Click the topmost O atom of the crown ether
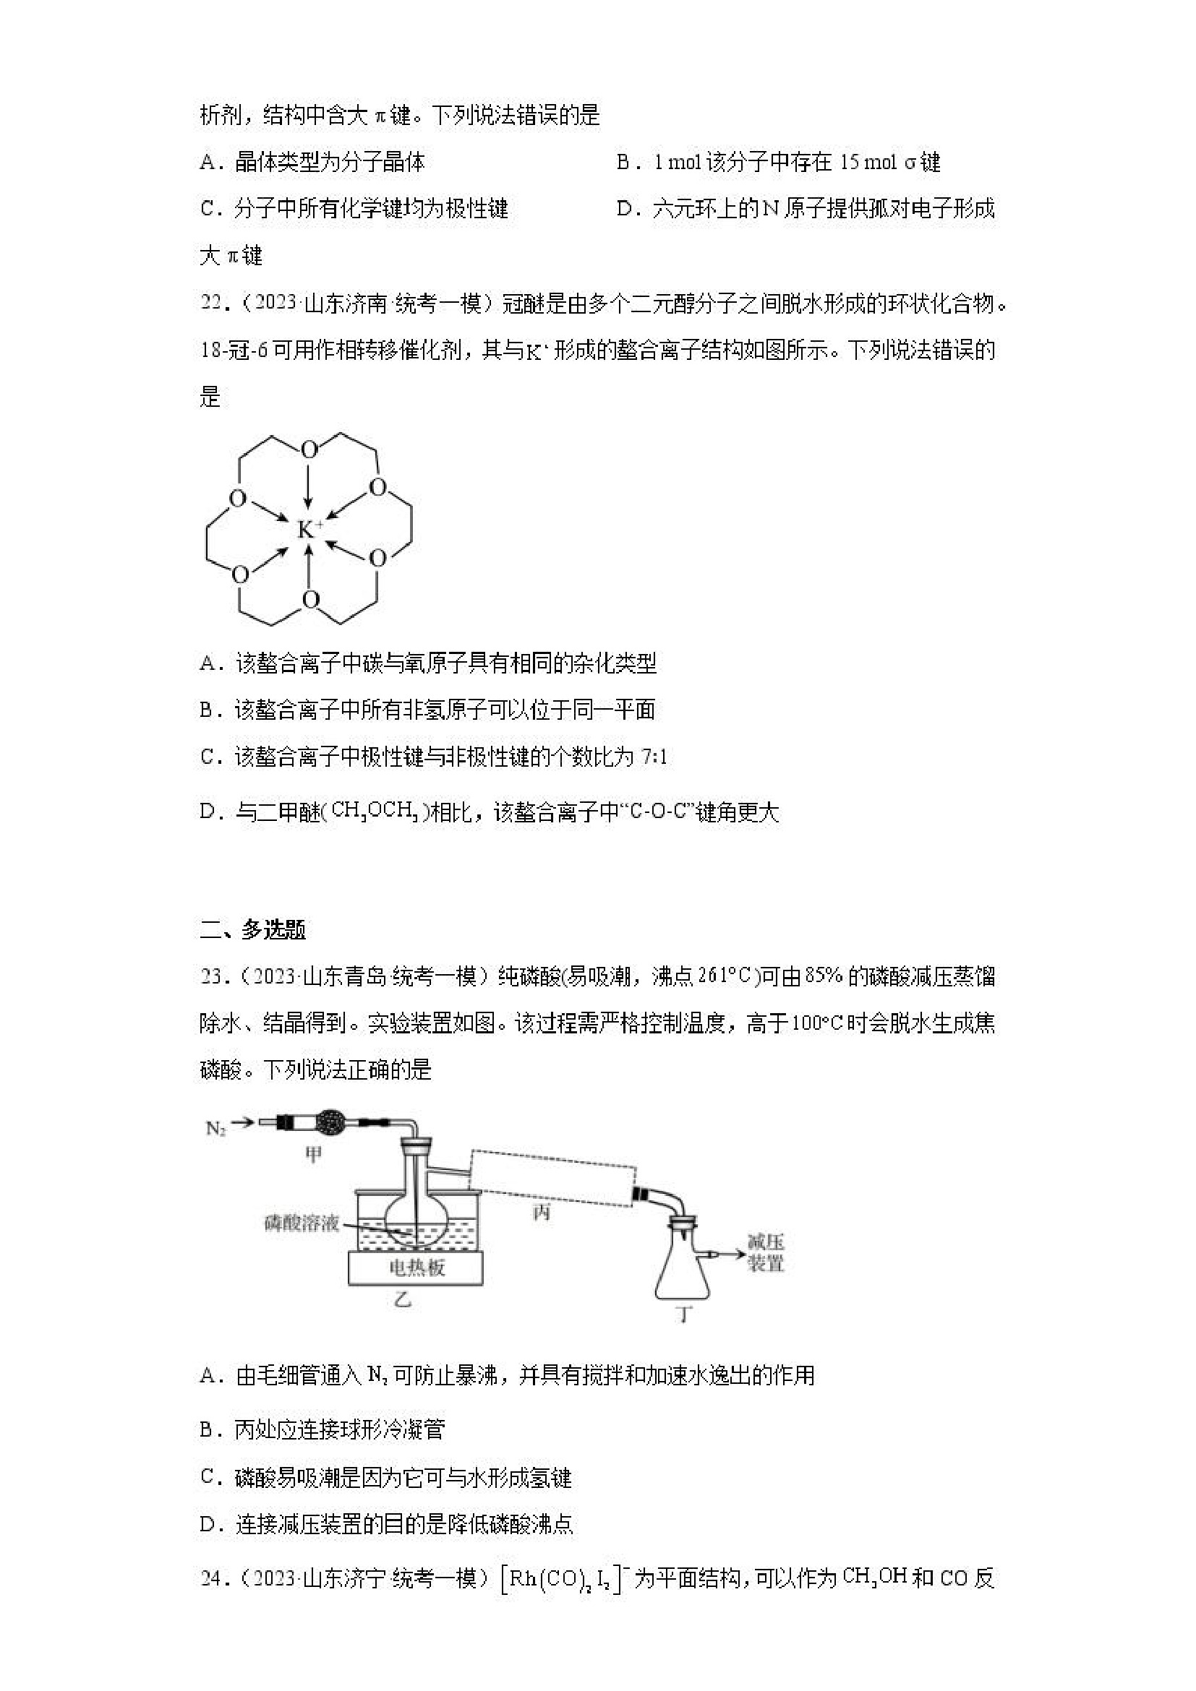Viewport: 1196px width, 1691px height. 309,449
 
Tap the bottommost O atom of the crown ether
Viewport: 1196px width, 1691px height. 311,599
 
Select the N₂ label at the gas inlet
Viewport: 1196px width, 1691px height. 215,1127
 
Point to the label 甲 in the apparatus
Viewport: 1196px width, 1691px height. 313,1154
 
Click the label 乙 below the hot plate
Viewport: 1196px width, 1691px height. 402,1300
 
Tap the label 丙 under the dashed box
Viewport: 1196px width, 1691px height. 541,1212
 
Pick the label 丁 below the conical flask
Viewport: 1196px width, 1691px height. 684,1312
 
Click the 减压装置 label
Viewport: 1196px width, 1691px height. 766,1253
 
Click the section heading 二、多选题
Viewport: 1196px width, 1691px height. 252,930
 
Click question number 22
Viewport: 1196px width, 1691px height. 213,304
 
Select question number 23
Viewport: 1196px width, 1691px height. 213,976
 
